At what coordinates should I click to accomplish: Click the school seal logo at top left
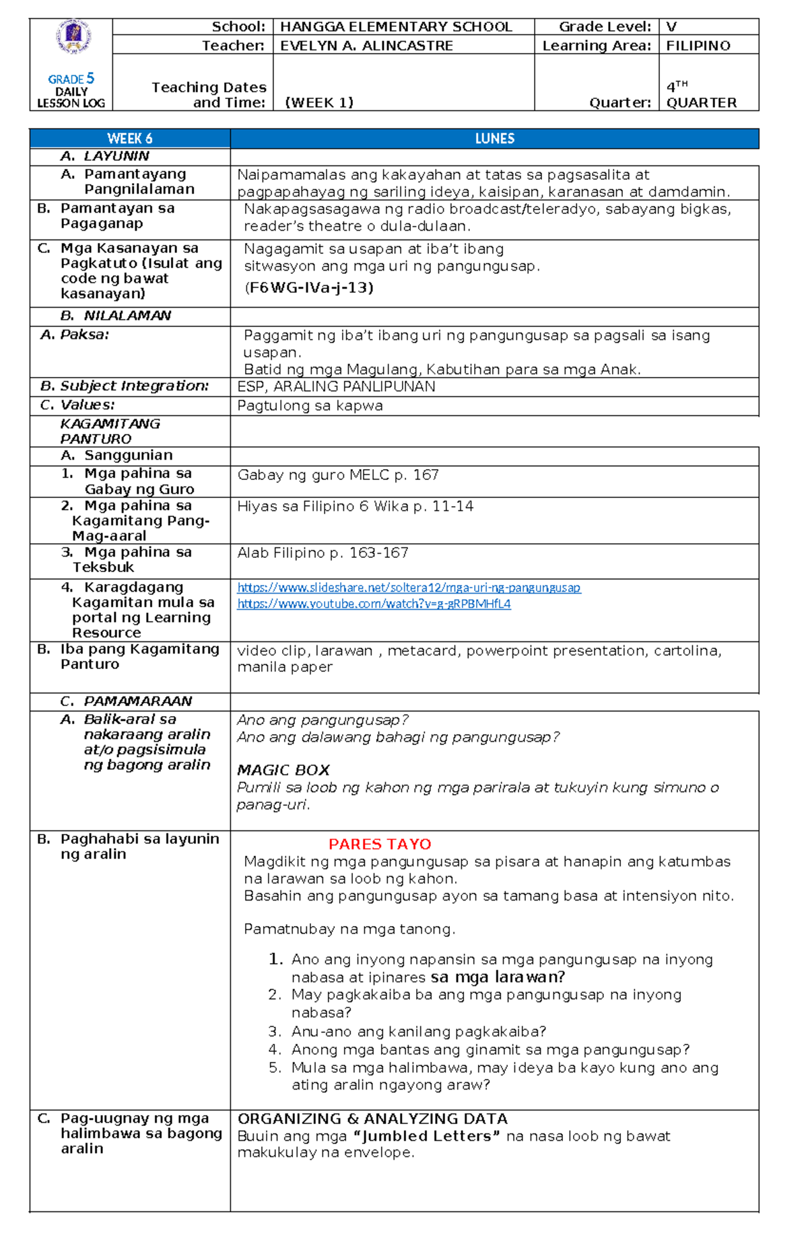click(x=73, y=37)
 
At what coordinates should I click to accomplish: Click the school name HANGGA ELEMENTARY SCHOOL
click(x=396, y=27)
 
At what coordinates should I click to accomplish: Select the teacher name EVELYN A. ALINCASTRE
click(x=366, y=46)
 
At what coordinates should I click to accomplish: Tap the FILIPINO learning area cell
click(x=698, y=46)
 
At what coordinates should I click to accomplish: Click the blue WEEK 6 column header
click(x=130, y=139)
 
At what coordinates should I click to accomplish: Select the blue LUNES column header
click(x=494, y=139)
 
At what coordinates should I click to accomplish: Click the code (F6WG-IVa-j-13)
click(x=308, y=288)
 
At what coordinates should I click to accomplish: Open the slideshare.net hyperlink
click(x=409, y=588)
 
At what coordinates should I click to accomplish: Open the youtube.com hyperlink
click(x=374, y=604)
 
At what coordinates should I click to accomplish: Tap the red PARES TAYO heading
click(x=380, y=844)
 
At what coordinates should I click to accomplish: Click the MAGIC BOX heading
click(x=283, y=770)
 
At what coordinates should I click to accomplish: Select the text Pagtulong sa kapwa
click(x=310, y=406)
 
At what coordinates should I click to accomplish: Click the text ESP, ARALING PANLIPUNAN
click(x=336, y=387)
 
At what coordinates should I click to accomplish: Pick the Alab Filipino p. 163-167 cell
click(x=323, y=553)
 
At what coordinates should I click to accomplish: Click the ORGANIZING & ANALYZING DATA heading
click(x=372, y=1119)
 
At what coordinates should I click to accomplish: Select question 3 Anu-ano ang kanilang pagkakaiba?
click(x=417, y=1032)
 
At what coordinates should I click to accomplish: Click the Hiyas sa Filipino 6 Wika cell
click(x=355, y=506)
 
